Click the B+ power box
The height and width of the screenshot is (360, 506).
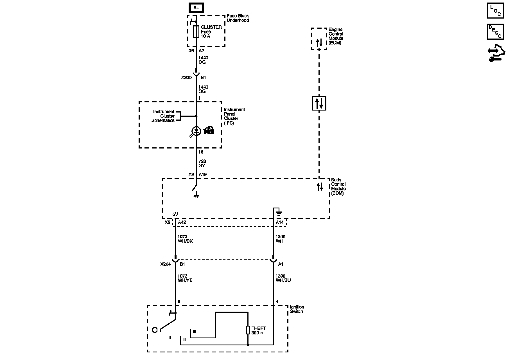[196, 8]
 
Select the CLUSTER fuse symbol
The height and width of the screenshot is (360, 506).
[196, 31]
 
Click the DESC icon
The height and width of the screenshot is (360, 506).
[495, 32]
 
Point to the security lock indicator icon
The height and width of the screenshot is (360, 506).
[209, 130]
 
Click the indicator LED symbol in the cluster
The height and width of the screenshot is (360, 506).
[196, 131]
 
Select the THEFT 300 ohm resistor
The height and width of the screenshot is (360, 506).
[248, 330]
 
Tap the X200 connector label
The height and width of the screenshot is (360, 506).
[186, 78]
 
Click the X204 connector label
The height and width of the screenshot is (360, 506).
[166, 264]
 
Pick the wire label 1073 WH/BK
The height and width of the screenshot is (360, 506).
[185, 239]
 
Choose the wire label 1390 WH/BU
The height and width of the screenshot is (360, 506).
[283, 278]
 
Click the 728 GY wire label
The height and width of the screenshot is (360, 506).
[202, 163]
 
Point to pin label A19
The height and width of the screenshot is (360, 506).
[203, 175]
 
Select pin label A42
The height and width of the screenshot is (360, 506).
[182, 222]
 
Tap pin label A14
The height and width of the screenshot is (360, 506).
[280, 222]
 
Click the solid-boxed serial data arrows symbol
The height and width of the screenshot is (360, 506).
[319, 103]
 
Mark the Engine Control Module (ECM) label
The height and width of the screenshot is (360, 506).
[336, 36]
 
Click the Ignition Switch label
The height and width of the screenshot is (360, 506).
[297, 309]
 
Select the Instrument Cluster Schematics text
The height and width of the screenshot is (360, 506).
[163, 116]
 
